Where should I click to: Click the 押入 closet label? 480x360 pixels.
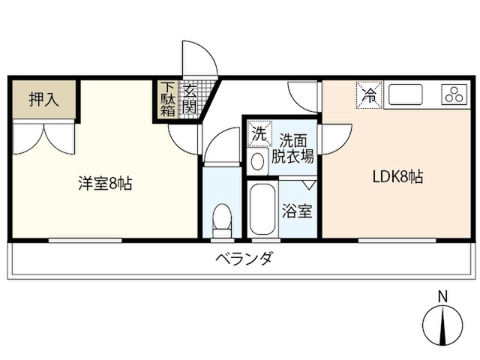coord(43,99)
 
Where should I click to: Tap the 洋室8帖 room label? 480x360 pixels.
coord(105,183)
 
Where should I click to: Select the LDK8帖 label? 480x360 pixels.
coord(397,177)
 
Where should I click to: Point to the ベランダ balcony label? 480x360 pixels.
coord(243,259)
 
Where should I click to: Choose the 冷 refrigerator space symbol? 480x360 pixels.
coord(369,95)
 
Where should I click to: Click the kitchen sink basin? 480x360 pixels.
coord(405,94)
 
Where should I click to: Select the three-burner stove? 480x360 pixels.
coord(454,94)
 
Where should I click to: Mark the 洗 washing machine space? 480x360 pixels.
coord(259,133)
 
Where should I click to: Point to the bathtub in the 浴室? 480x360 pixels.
coord(262,209)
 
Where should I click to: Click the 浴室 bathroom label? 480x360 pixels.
coord(297,211)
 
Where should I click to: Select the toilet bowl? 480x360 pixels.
coord(222,219)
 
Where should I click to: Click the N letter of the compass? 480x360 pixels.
coord(442,296)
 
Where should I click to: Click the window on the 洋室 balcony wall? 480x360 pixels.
coord(85,240)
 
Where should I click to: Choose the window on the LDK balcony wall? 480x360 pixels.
coord(397,240)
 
